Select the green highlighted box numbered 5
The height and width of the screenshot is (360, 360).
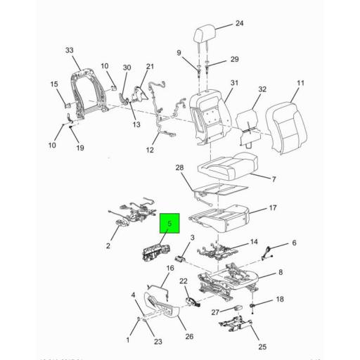pyautogui.click(x=169, y=224)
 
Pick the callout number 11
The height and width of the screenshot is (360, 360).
pyautogui.click(x=300, y=84)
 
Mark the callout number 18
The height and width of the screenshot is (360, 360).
pyautogui.click(x=280, y=300)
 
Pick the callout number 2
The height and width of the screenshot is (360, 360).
pyautogui.click(x=108, y=246)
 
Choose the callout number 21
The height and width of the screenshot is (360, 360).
pyautogui.click(x=150, y=67)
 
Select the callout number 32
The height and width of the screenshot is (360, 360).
pyautogui.click(x=262, y=89)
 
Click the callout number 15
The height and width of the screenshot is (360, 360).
pyautogui.click(x=54, y=85)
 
